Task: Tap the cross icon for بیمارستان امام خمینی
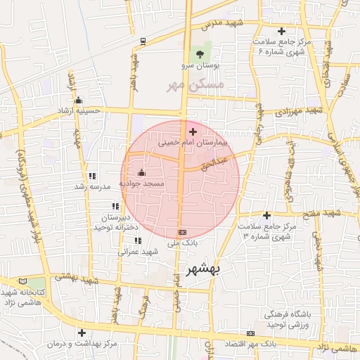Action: pos(193,131)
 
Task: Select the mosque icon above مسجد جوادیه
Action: pos(141,172)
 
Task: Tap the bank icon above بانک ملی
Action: pos(183,232)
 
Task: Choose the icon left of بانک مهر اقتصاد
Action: pos(251,333)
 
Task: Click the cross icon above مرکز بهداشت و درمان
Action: pos(82,333)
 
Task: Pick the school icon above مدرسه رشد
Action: pos(92,176)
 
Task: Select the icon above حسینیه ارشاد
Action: pos(78,100)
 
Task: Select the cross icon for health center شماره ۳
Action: pos(266,215)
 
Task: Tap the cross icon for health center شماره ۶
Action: pos(281,31)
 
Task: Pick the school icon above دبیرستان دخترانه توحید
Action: pos(115,207)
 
